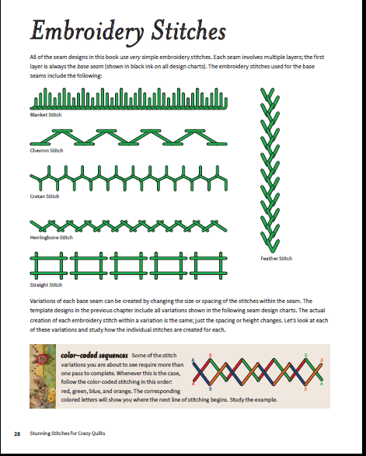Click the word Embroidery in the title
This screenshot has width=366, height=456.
coord(87,31)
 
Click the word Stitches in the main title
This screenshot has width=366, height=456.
coord(189,30)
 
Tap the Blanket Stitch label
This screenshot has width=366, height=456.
coord(46,114)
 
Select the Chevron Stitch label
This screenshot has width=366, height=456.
coord(47,151)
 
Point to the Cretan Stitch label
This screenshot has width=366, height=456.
coord(44,197)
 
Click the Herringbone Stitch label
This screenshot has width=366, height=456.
coord(51,237)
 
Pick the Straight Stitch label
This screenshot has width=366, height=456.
coord(46,285)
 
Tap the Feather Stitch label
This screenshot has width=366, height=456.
coord(277,258)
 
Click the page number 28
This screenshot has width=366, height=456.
coord(17,434)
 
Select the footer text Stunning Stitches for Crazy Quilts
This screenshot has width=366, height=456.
coord(68,433)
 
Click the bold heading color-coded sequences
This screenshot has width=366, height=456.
coord(94,355)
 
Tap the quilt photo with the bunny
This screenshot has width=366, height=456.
coord(43,376)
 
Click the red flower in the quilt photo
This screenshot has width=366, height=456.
coord(43,359)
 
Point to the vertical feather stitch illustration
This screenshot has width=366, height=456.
coord(270,170)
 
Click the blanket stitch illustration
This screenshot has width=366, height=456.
coord(128,99)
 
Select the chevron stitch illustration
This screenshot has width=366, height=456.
coord(128,137)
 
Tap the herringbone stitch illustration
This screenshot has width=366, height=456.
coord(128,226)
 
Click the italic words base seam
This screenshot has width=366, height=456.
coord(90,66)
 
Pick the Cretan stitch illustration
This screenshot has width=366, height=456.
coord(128,178)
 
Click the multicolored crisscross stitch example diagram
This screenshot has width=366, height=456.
coord(257,372)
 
